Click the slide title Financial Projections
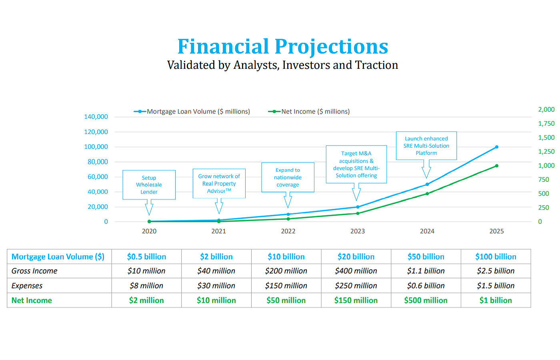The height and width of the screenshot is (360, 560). click(283, 46)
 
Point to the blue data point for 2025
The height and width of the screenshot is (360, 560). click(497, 147)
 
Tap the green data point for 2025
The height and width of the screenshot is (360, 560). click(497, 166)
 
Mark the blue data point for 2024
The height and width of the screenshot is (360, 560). click(427, 184)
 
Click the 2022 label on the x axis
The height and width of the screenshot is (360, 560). click(288, 231)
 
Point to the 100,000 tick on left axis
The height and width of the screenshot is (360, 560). click(96, 147)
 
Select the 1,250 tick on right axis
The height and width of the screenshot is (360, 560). click(546, 152)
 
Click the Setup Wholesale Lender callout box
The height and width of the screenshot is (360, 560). click(149, 185)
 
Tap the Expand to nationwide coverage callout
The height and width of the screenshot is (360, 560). click(288, 177)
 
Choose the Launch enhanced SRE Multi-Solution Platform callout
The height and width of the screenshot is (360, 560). click(426, 146)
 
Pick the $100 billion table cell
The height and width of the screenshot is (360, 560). click(496, 257)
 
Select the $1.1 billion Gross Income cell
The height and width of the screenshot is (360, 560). click(426, 271)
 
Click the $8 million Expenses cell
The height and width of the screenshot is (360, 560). click(146, 286)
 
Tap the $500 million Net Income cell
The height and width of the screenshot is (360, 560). click(426, 300)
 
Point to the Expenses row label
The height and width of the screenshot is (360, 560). click(27, 286)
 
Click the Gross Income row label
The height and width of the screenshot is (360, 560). click(34, 271)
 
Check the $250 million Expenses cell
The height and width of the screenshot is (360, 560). click(356, 286)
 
